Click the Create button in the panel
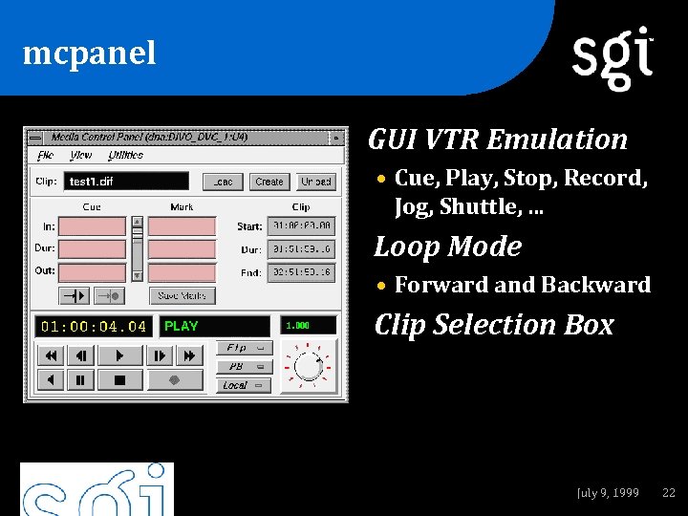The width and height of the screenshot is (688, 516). pos(269,182)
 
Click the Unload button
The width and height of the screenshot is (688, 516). pos(315,182)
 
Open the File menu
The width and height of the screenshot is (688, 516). pos(45,155)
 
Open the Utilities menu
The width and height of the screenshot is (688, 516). pos(125,155)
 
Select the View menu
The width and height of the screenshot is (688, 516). pos(81,155)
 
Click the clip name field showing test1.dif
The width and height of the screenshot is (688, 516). pos(126,182)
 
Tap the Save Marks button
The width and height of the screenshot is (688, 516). pos(182,296)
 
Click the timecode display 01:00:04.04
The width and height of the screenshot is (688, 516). pos(94,326)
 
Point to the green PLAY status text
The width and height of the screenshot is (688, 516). pos(182,326)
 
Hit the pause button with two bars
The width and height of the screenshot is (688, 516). pos(80,380)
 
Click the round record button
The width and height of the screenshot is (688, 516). pos(175,380)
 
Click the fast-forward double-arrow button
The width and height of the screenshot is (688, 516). pos(189,355)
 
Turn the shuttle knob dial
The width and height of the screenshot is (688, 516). pos(308,366)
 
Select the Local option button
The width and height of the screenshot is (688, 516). pos(244,386)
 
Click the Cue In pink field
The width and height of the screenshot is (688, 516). pos(93,226)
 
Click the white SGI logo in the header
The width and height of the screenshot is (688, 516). pos(613,57)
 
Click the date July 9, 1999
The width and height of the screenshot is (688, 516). pos(608,493)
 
